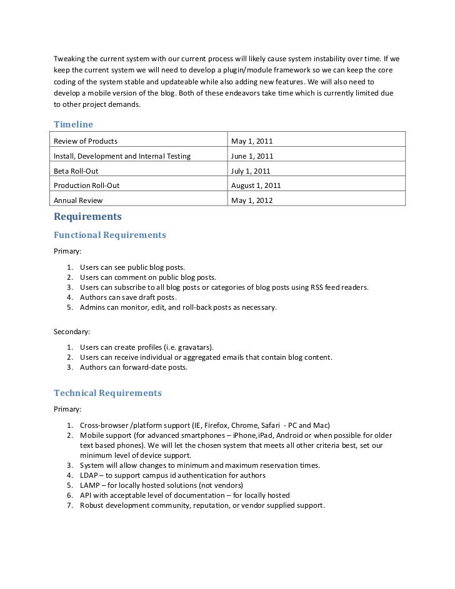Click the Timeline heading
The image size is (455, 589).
tap(73, 124)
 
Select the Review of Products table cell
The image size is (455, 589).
tap(86, 141)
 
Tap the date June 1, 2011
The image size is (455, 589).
tap(252, 156)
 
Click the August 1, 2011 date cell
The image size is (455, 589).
tap(256, 186)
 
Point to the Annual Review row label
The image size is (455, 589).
tap(78, 201)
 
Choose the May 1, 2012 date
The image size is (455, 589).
tap(252, 201)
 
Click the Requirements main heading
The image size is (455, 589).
tap(87, 217)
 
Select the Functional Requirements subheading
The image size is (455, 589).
tap(110, 235)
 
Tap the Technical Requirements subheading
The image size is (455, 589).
tap(107, 393)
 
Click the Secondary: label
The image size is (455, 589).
tap(72, 331)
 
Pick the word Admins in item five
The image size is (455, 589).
tap(92, 307)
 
